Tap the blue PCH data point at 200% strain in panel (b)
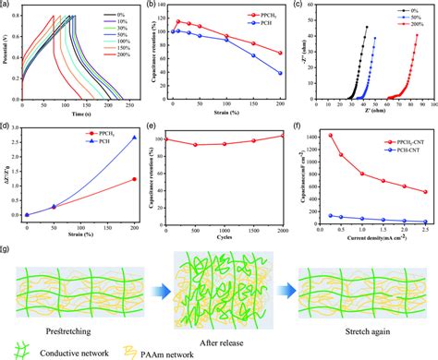tap(280, 73)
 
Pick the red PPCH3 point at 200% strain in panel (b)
tap(280, 54)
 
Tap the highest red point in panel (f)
tap(329, 136)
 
